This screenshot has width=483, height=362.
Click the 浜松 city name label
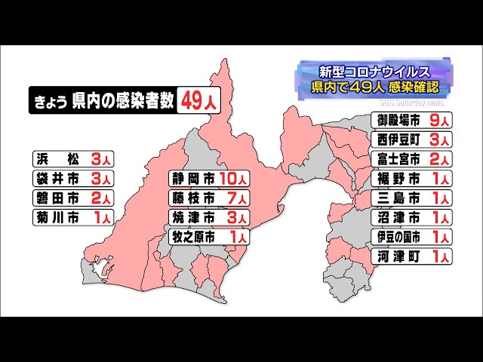59,159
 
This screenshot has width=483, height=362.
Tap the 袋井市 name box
59,179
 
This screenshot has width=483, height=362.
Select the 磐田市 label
59,198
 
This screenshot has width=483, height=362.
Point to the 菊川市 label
59,218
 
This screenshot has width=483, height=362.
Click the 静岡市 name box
194,179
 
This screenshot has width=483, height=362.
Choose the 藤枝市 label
194,198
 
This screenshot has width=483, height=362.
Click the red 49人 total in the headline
197,101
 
